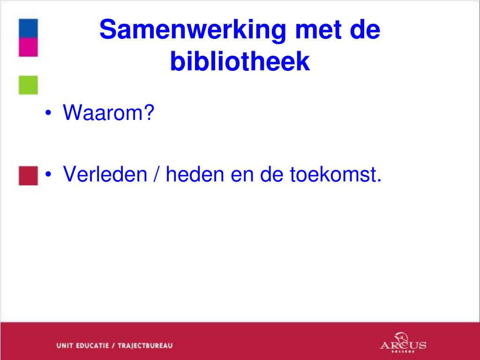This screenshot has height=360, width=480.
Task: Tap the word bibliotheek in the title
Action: point(240,61)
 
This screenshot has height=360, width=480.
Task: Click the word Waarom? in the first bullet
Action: point(108,112)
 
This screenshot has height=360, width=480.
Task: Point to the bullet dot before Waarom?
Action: point(48,112)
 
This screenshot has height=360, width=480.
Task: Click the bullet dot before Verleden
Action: point(48,174)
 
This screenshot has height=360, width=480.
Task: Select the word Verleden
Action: point(105,174)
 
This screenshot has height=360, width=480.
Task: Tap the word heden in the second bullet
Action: point(195,174)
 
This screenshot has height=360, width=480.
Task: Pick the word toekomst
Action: point(336,174)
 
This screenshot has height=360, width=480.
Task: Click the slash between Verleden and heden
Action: point(157,174)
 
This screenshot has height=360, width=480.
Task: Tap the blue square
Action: point(28,28)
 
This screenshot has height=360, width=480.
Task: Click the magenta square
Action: point(28,47)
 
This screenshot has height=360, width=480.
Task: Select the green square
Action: point(28,85)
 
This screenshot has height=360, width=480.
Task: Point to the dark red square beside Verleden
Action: point(28,176)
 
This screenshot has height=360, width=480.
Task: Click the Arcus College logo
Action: point(403,342)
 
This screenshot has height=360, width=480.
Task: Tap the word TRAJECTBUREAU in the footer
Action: point(145,345)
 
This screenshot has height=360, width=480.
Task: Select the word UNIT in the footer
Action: point(65,345)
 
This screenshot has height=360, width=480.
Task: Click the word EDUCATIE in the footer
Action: point(92,345)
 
